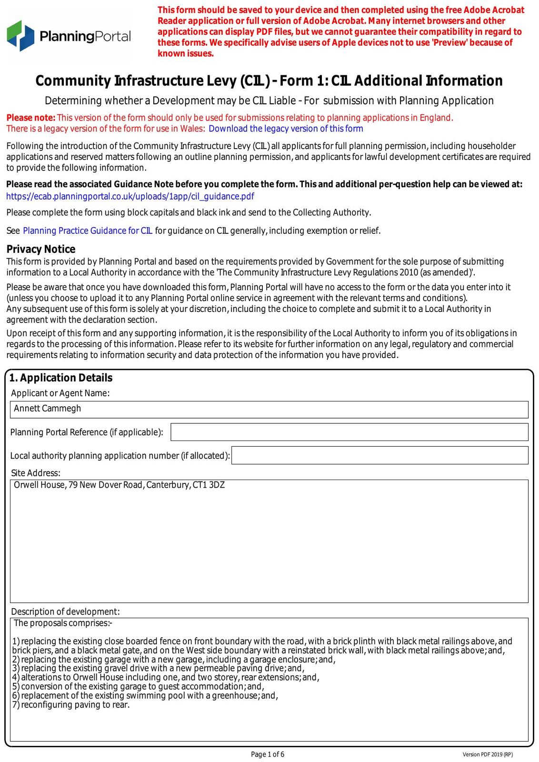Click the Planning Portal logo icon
[x=20, y=36]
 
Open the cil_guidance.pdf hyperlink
[x=130, y=197]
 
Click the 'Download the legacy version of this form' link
[x=286, y=129]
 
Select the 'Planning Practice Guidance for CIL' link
[x=88, y=231]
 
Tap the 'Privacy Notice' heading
[x=41, y=249]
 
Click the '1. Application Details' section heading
[x=61, y=378]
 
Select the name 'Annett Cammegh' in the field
[x=48, y=409]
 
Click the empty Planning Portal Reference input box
[x=349, y=432]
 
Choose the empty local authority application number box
[x=379, y=455]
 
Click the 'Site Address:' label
[x=36, y=473]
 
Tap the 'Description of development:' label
[x=65, y=612]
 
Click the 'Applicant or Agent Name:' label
[x=60, y=393]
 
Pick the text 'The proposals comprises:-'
[x=63, y=623]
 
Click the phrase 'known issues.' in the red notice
[x=186, y=53]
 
